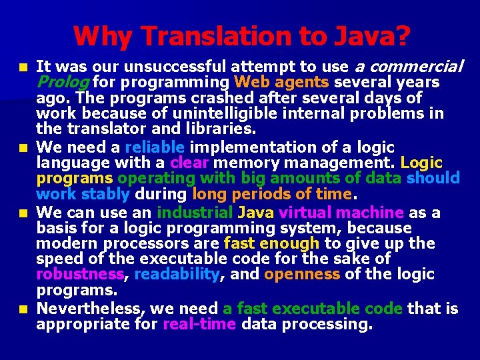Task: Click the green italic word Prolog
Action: click(63, 83)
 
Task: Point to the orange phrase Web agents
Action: click(282, 83)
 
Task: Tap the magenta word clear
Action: click(190, 162)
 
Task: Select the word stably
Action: click(105, 194)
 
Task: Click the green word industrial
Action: click(194, 213)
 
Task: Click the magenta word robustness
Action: click(80, 274)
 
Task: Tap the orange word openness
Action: click(303, 274)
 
